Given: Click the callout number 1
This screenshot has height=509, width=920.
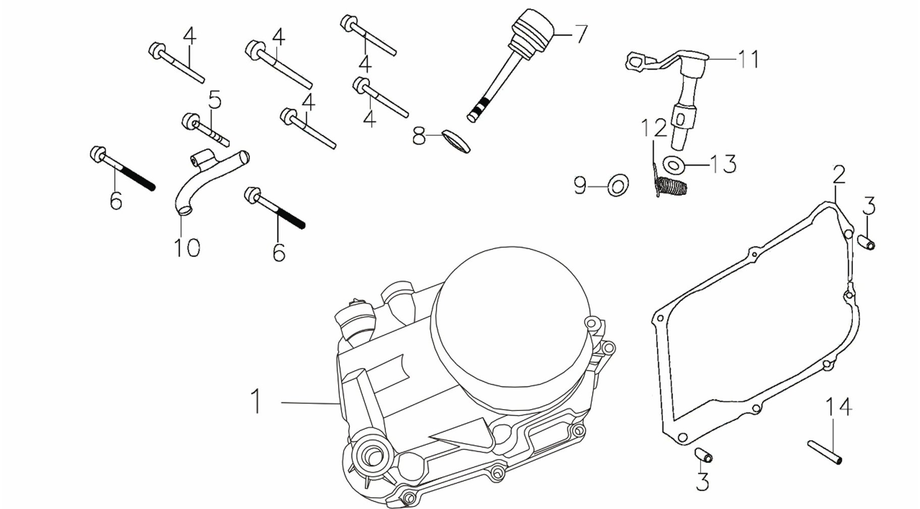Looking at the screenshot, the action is (x=257, y=401).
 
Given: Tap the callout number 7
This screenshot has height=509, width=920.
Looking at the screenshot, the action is (x=581, y=34).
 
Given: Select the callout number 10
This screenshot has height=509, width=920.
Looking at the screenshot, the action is (x=187, y=247).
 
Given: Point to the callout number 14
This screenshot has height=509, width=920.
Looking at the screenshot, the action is (x=839, y=406).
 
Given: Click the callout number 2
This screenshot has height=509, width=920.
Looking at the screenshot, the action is (x=838, y=175).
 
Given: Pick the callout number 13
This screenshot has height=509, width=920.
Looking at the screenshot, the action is (x=724, y=164).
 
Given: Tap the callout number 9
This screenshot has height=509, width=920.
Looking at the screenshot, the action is (x=580, y=186).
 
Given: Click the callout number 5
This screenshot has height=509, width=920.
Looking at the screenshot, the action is (x=215, y=100).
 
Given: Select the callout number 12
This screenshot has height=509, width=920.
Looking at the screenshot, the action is (x=654, y=129).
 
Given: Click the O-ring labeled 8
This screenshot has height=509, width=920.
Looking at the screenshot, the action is (x=456, y=141).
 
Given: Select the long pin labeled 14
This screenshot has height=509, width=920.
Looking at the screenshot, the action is (x=825, y=452).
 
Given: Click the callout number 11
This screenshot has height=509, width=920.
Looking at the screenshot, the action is (x=748, y=60).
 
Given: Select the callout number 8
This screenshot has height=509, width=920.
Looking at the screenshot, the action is (x=419, y=136).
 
